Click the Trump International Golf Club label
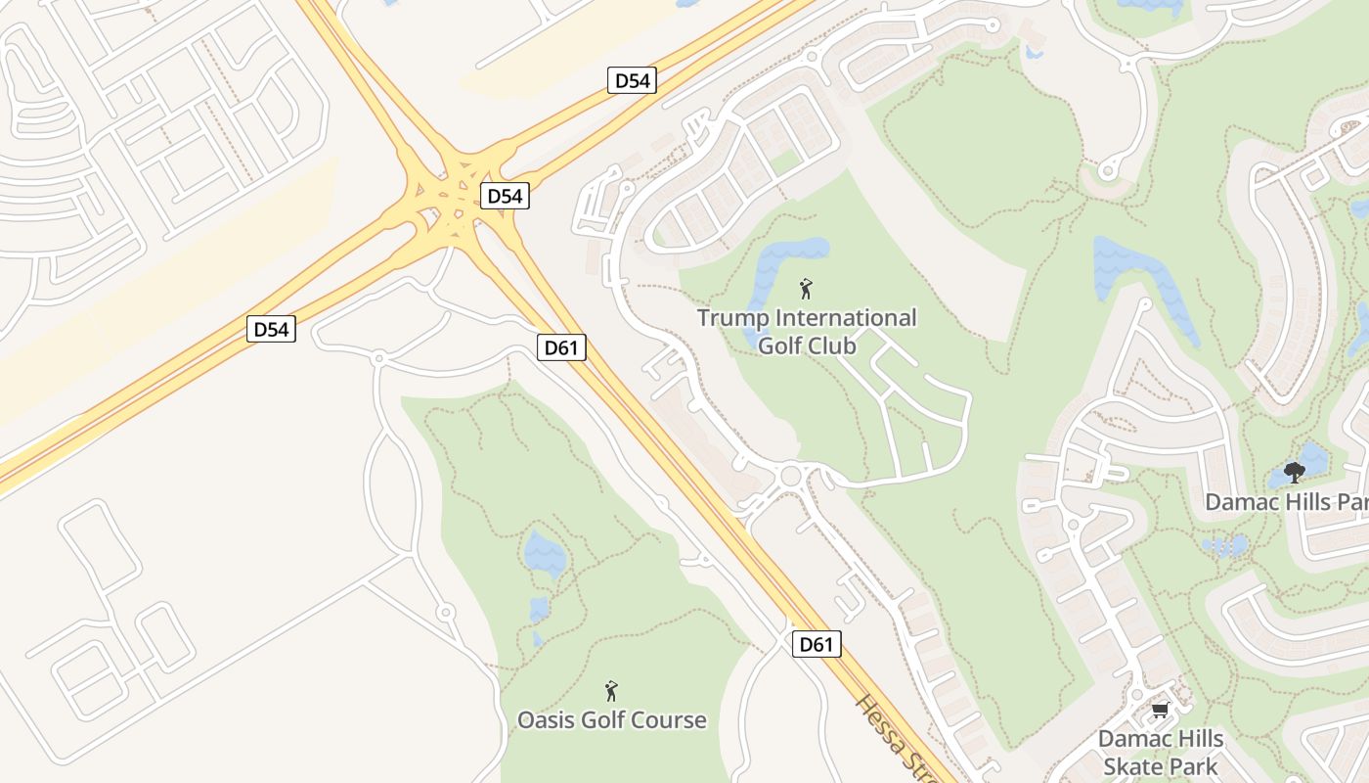click(807, 332)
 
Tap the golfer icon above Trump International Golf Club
click(806, 289)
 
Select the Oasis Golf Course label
click(611, 720)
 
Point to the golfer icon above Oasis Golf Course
click(611, 691)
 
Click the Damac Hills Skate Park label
click(1161, 752)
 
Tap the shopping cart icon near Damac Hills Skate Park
click(1160, 710)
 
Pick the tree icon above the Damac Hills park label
click(1295, 474)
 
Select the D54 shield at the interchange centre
click(505, 196)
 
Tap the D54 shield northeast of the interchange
click(632, 80)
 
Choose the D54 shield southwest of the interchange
click(271, 329)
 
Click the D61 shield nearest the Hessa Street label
click(816, 644)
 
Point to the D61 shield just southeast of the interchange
click(561, 347)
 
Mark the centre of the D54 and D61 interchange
click(453, 204)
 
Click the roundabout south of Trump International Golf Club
click(791, 477)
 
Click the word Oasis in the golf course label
click(543, 720)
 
